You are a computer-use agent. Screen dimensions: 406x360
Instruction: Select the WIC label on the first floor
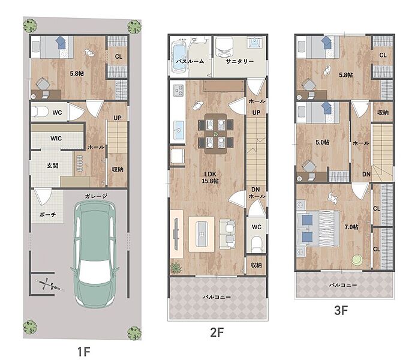pyautogui.click(x=56, y=139)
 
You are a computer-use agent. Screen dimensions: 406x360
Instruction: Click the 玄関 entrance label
pyautogui.click(x=53, y=166)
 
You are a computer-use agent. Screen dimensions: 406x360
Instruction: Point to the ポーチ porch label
pyautogui.click(x=47, y=215)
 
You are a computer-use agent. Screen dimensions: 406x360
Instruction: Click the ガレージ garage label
pyautogui.click(x=96, y=196)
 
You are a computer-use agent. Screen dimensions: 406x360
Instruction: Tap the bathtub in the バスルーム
pyautogui.click(x=179, y=57)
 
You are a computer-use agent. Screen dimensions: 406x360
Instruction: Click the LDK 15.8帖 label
pyautogui.click(x=210, y=178)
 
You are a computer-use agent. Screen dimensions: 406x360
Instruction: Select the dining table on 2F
pyautogui.click(x=216, y=134)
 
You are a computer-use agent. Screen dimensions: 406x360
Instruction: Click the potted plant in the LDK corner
pyautogui.click(x=176, y=267)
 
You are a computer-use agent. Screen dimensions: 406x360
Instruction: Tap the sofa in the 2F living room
pyautogui.click(x=228, y=235)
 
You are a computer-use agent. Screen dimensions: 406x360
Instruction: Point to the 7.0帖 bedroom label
pyautogui.click(x=351, y=227)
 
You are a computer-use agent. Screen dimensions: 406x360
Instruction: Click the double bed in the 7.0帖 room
pyautogui.click(x=318, y=228)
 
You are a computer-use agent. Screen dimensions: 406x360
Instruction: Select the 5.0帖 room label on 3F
pyautogui.click(x=323, y=142)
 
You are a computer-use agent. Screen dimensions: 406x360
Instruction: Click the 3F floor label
pyautogui.click(x=341, y=310)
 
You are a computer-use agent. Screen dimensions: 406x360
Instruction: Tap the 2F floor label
pyautogui.click(x=216, y=332)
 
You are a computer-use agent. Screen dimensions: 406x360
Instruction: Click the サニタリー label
pyautogui.click(x=240, y=61)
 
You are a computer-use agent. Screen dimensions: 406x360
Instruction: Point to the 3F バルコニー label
pyautogui.click(x=343, y=285)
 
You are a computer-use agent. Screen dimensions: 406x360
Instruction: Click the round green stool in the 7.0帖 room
pyautogui.click(x=357, y=260)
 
